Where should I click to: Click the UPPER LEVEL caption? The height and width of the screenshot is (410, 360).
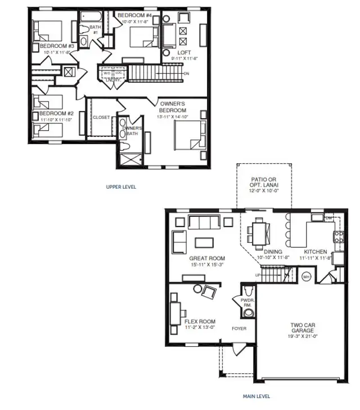pyautogui.click(x=121, y=187)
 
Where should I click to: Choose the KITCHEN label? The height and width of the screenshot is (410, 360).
pyautogui.click(x=316, y=252)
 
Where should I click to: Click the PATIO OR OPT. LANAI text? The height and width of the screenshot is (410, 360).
pyautogui.click(x=264, y=182)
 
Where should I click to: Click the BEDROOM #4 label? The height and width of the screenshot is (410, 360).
pyautogui.click(x=134, y=15)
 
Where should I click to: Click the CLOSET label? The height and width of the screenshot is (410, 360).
pyautogui.click(x=101, y=118)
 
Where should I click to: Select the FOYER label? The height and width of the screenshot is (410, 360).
pyautogui.click(x=239, y=327)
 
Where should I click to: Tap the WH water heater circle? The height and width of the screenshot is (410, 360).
pyautogui.click(x=307, y=277)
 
